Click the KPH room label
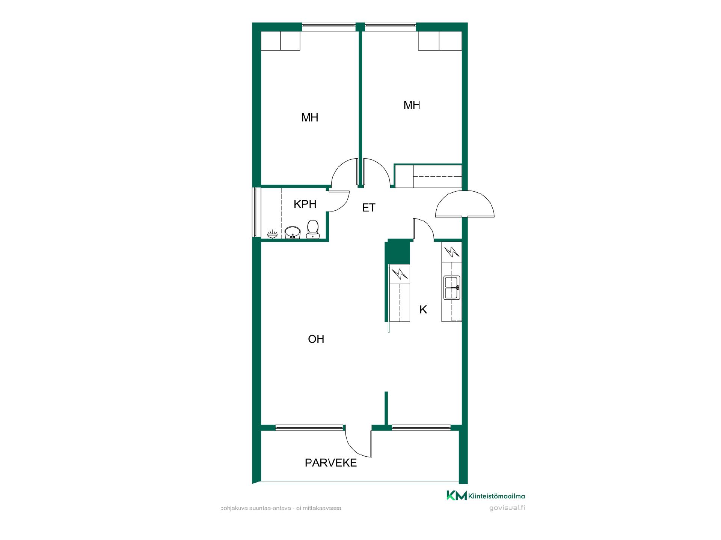click(x=305, y=204)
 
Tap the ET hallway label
click(x=368, y=208)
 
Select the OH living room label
click(x=316, y=339)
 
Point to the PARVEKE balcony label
click(x=330, y=463)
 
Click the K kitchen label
click(x=423, y=309)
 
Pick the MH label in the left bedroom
click(x=310, y=118)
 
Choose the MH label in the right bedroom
click(x=412, y=105)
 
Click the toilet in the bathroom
click(x=312, y=229)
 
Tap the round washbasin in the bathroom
click(x=293, y=232)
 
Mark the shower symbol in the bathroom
click(x=273, y=234)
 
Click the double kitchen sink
click(x=452, y=287)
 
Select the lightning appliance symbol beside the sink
click(x=452, y=252)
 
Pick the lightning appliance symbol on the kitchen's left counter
click(x=400, y=274)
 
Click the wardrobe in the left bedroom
click(x=281, y=40)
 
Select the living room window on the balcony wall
click(x=309, y=427)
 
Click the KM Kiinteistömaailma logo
click(x=486, y=496)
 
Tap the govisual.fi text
click(x=507, y=508)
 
